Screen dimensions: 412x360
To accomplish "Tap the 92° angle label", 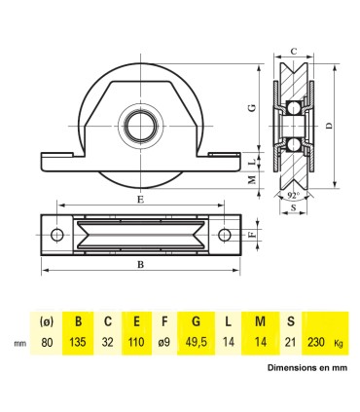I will [x=293, y=195].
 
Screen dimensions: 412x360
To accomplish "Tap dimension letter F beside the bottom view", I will [x=252, y=234].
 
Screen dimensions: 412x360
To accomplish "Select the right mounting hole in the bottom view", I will [x=226, y=234].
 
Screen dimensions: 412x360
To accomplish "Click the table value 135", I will [x=78, y=342].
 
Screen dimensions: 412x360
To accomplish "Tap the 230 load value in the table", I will [x=317, y=342].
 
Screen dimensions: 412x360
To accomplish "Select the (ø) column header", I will [x=44, y=320].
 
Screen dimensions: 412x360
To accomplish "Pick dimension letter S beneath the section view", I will [x=293, y=208].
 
